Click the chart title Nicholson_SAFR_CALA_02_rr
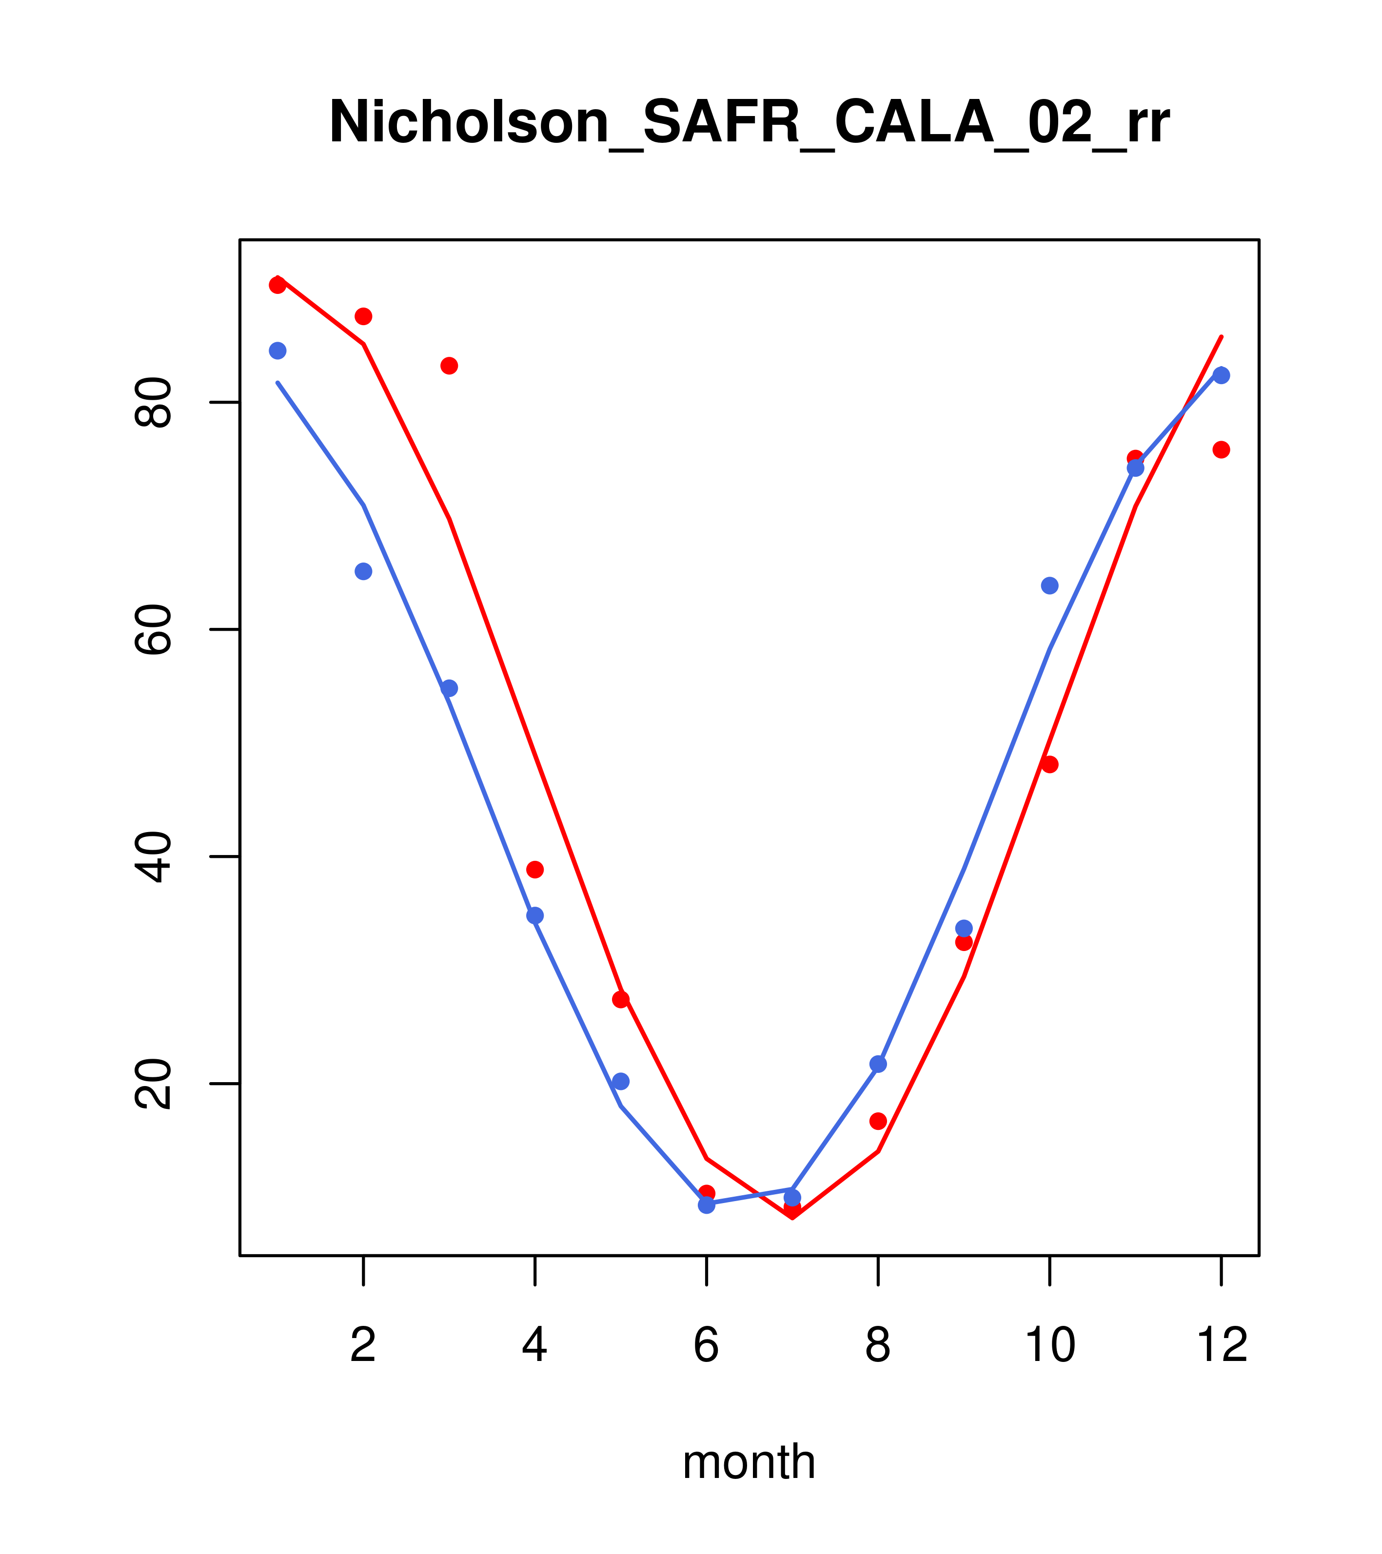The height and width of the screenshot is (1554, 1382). click(x=749, y=122)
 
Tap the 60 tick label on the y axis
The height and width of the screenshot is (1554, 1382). click(x=152, y=629)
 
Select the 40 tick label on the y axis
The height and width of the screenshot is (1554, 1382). click(x=152, y=857)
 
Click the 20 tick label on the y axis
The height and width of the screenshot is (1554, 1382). click(x=152, y=1084)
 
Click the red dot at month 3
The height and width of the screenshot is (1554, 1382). click(x=450, y=366)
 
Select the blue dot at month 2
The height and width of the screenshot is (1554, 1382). click(x=364, y=571)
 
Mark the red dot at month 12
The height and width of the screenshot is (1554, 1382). click(x=1222, y=449)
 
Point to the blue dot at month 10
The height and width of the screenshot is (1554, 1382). click(x=1049, y=585)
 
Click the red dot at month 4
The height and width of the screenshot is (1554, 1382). click(x=535, y=870)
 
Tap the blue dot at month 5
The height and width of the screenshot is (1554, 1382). click(x=621, y=1081)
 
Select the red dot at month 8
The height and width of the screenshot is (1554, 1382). click(x=878, y=1121)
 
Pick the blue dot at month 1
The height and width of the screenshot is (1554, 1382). click(x=277, y=350)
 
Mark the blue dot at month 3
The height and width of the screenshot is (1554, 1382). click(x=450, y=688)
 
